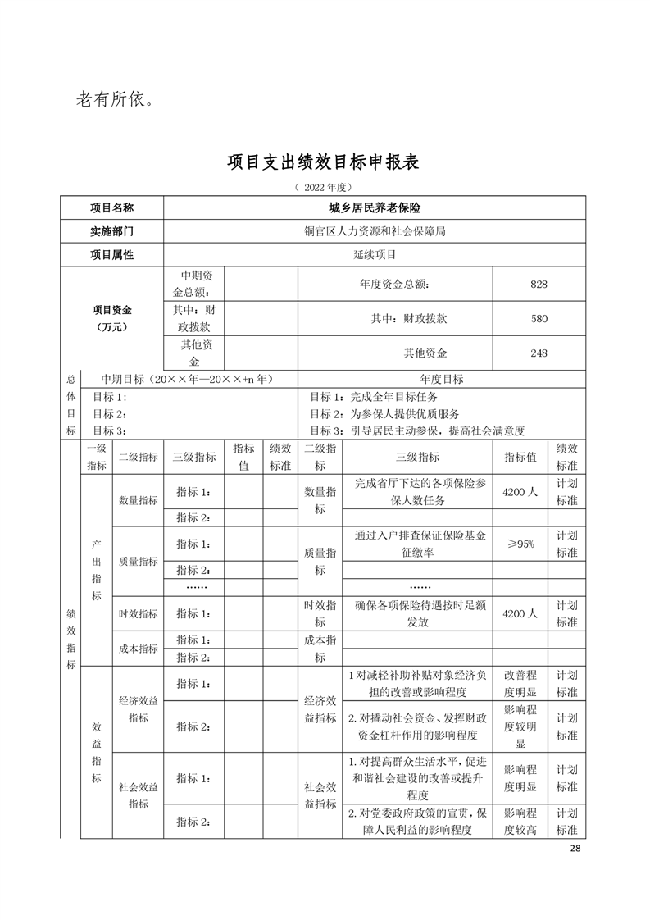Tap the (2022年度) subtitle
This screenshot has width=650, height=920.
324,188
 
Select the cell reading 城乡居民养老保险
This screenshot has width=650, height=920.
374,208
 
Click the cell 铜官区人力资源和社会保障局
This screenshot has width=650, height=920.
374,231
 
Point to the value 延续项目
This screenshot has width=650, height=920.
374,254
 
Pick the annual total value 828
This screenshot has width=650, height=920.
539,284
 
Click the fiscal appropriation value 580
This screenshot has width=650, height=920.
539,318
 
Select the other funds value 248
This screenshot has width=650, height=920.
539,353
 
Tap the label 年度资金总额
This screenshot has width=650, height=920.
394,284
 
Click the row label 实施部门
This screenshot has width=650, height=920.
111,231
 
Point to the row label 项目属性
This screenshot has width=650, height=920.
111,254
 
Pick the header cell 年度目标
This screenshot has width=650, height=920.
441,379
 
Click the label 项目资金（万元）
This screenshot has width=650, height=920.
112,318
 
